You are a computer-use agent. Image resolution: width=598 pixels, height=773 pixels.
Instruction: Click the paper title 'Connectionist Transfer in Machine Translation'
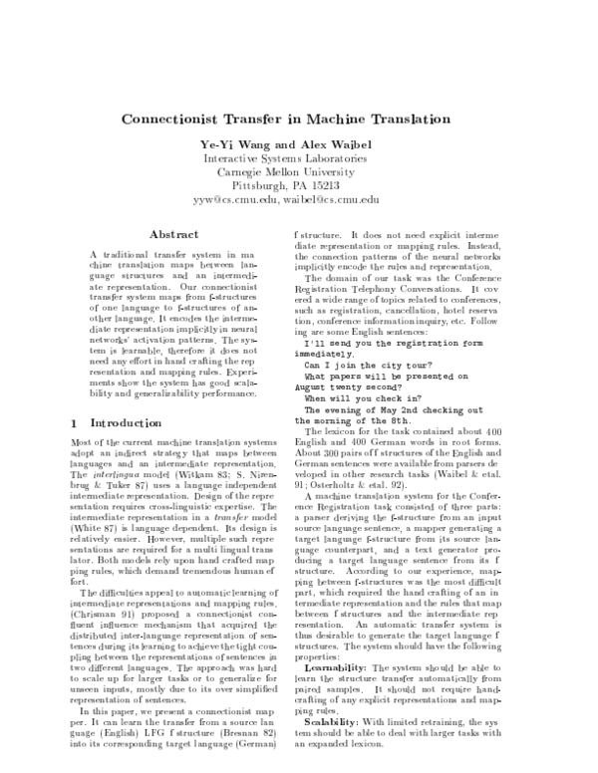click(x=299, y=119)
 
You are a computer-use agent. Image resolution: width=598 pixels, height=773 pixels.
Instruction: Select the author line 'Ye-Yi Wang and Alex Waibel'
click(x=299, y=145)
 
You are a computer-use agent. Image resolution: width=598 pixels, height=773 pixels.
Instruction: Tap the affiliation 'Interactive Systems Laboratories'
click(x=299, y=159)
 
